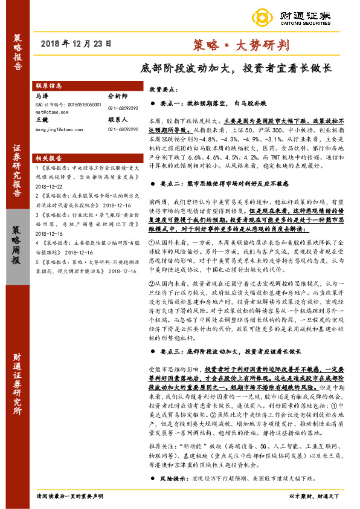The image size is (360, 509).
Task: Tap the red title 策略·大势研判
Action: tap(241, 44)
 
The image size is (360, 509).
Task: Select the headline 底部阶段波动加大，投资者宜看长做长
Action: tap(236, 68)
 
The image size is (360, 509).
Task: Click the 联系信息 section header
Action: tap(49, 86)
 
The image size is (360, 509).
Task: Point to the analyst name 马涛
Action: tap(42, 96)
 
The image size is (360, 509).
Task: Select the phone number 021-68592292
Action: tap(123, 108)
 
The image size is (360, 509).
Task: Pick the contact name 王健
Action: tap(42, 120)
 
